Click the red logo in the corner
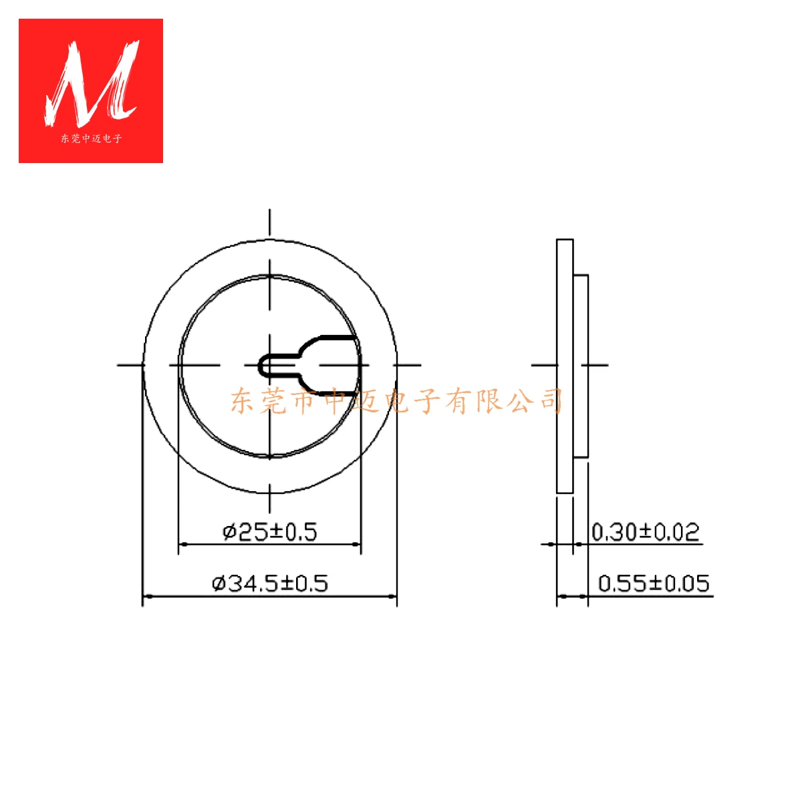[91, 91]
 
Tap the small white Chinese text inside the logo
[91, 139]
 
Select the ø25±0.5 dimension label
[270, 532]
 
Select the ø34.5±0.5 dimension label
[270, 583]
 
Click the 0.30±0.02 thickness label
[645, 532]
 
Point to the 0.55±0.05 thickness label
[653, 583]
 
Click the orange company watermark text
[397, 401]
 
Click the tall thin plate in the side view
[565, 366]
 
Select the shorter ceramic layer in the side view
[581, 366]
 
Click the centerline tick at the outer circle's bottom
[270, 498]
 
